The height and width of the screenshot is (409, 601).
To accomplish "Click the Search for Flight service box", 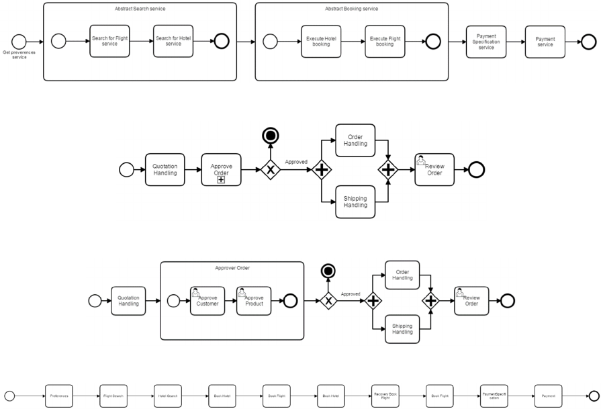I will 109,41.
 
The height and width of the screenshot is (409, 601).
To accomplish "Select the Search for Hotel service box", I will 173,41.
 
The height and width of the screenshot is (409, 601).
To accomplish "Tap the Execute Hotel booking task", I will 321,42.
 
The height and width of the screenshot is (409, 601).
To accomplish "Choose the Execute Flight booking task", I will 385,42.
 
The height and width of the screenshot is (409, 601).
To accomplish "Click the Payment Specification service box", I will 486,42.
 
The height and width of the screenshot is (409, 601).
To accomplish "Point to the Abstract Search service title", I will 140,9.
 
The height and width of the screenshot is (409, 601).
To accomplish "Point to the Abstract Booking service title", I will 351,9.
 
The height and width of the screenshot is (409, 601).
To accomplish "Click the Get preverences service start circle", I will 19,42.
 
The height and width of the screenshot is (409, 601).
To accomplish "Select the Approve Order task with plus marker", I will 221,169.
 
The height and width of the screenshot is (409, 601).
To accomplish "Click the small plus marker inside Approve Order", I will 221,180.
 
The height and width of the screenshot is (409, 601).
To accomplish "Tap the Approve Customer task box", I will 207,301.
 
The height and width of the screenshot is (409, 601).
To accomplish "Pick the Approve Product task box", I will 254,301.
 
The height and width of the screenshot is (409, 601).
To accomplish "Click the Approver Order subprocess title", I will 232,268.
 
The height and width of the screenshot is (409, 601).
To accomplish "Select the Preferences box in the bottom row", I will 59,396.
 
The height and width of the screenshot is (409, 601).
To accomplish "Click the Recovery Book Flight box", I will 385,396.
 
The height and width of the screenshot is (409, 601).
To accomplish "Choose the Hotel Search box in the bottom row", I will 167,396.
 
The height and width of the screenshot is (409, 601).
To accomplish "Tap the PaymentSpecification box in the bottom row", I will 494,396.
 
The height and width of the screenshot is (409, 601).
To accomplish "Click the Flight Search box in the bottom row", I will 113,396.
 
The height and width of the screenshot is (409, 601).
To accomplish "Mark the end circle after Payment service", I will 588,42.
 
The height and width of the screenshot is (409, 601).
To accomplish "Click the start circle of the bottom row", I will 9,396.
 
